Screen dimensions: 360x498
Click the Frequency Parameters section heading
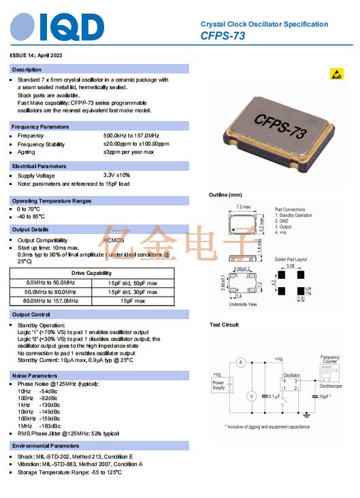(x=41, y=127)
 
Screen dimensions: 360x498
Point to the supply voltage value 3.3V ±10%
(x=116, y=175)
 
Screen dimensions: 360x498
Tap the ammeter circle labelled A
(x=240, y=363)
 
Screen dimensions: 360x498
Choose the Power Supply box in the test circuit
(x=218, y=386)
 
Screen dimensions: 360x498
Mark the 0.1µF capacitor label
(x=274, y=396)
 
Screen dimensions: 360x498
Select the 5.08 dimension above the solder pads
(x=291, y=267)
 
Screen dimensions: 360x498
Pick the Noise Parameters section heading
(x=35, y=376)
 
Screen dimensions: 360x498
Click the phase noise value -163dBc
(x=50, y=425)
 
